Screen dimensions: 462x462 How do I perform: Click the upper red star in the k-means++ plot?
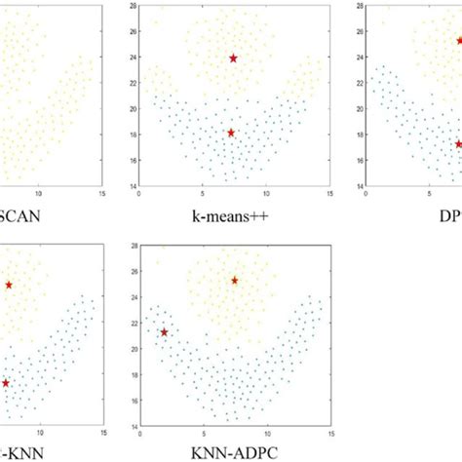click(233, 58)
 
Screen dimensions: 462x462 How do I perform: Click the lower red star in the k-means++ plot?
click(231, 133)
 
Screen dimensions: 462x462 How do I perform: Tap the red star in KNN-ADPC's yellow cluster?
click(234, 281)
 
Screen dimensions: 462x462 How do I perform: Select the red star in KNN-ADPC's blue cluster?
click(164, 332)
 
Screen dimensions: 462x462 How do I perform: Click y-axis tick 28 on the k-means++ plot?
click(133, 6)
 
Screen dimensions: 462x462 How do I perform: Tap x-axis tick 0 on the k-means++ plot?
click(141, 192)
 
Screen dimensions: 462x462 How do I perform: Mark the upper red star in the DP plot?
click(460, 41)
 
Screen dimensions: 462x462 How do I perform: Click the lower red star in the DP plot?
click(458, 144)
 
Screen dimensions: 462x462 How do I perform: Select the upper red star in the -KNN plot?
click(9, 285)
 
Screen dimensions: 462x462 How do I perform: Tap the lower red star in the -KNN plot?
click(6, 383)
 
